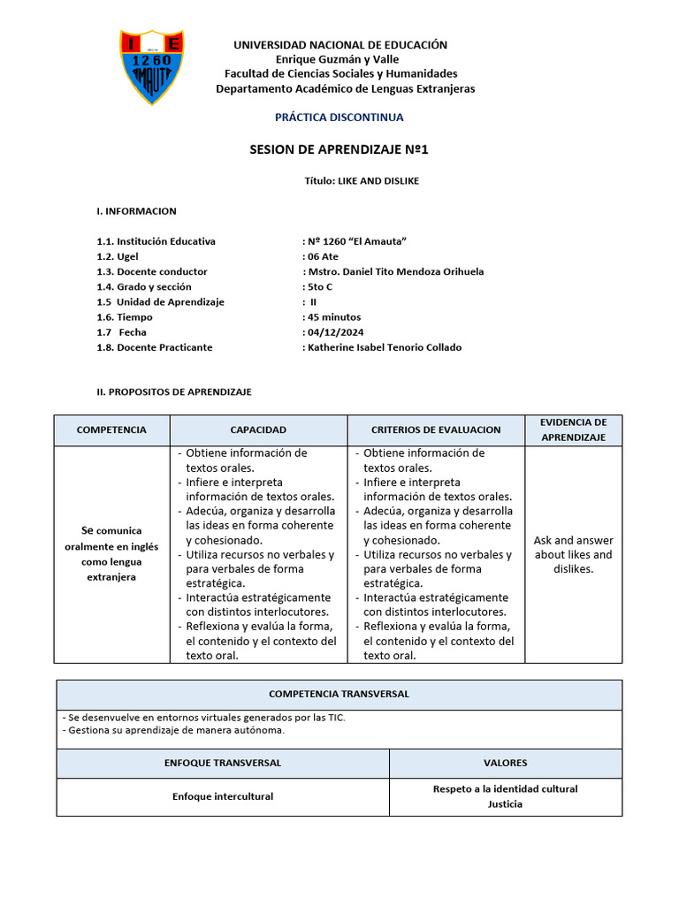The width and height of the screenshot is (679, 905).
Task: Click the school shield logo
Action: pyautogui.click(x=151, y=66)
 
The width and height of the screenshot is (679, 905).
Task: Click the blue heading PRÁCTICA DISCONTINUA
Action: pyautogui.click(x=339, y=117)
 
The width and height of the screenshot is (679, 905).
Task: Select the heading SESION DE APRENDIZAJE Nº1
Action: pyautogui.click(x=339, y=149)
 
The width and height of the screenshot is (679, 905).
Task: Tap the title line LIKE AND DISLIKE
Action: pyautogui.click(x=362, y=180)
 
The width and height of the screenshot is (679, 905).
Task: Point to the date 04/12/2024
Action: pyautogui.click(x=335, y=332)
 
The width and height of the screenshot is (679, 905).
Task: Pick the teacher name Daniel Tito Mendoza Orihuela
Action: pyautogui.click(x=395, y=271)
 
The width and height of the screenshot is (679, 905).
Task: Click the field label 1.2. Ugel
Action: pyautogui.click(x=118, y=256)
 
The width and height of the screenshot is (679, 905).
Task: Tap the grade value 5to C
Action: pyautogui.click(x=319, y=286)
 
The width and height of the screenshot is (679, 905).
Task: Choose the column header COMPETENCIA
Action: pyautogui.click(x=111, y=430)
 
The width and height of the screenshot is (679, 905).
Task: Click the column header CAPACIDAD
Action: pyautogui.click(x=258, y=430)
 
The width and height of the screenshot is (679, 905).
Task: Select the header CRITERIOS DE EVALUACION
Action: pyautogui.click(x=436, y=430)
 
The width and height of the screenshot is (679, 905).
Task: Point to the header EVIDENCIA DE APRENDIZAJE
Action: pyautogui.click(x=573, y=430)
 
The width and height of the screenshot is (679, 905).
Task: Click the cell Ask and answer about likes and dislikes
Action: pyautogui.click(x=573, y=554)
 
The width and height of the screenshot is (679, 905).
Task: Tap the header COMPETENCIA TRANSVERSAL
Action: pyautogui.click(x=339, y=694)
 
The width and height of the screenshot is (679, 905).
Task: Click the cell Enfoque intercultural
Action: pyautogui.click(x=223, y=796)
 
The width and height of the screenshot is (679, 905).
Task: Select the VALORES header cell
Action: pyautogui.click(x=505, y=763)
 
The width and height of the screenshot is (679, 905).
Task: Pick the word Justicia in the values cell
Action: pyautogui.click(x=505, y=804)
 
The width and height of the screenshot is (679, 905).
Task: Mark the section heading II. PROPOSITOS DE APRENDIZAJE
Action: pyautogui.click(x=174, y=392)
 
